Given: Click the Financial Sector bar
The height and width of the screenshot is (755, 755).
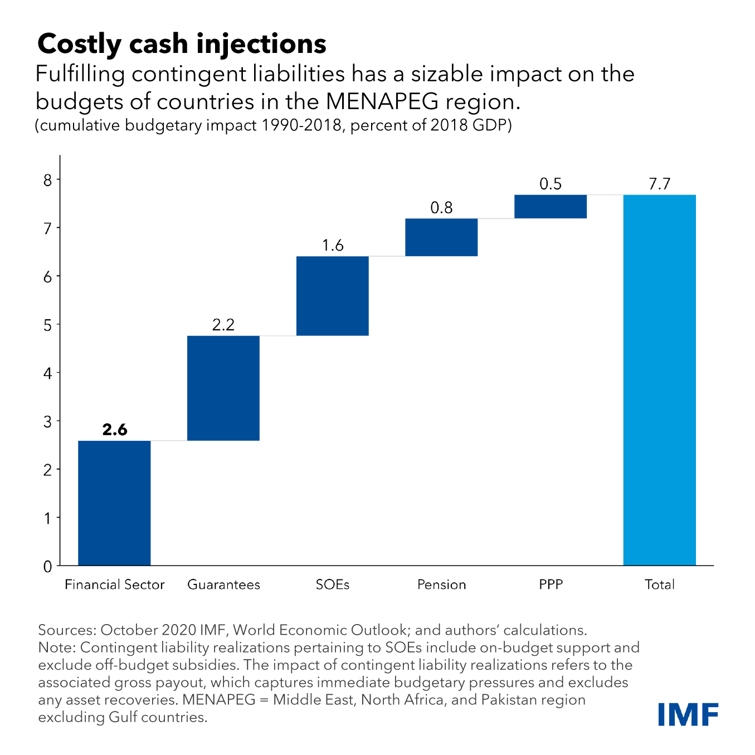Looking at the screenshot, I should (x=114, y=503).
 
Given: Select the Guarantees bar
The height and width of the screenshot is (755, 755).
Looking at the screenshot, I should (x=223, y=388).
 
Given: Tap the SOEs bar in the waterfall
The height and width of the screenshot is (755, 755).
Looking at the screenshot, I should (x=333, y=296).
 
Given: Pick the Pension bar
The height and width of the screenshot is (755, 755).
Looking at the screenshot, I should (x=441, y=237).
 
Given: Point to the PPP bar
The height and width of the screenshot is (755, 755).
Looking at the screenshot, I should (x=551, y=206).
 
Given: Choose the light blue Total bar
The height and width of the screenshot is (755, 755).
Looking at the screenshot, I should (x=660, y=380).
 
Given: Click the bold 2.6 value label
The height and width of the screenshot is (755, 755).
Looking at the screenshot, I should (x=115, y=430).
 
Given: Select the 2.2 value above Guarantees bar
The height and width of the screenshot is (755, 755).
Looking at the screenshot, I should (x=223, y=325).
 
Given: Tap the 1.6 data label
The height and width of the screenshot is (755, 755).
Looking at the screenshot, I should (x=333, y=246).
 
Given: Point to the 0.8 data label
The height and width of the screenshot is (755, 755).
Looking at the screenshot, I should (x=441, y=208).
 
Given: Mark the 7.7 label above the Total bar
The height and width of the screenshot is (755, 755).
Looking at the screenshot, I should (x=660, y=184).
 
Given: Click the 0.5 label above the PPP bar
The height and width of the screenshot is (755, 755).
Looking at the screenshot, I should (x=551, y=184).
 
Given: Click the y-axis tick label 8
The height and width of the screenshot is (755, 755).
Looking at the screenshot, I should (x=47, y=180).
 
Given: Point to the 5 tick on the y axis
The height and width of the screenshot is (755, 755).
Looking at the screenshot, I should (x=47, y=324).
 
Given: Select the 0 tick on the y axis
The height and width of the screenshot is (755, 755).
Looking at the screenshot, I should (x=47, y=566).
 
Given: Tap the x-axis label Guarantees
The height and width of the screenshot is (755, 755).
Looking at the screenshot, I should (x=223, y=584).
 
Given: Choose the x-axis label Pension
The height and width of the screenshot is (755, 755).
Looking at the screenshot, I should (x=441, y=584).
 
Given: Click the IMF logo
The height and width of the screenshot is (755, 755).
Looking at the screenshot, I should (x=688, y=714).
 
